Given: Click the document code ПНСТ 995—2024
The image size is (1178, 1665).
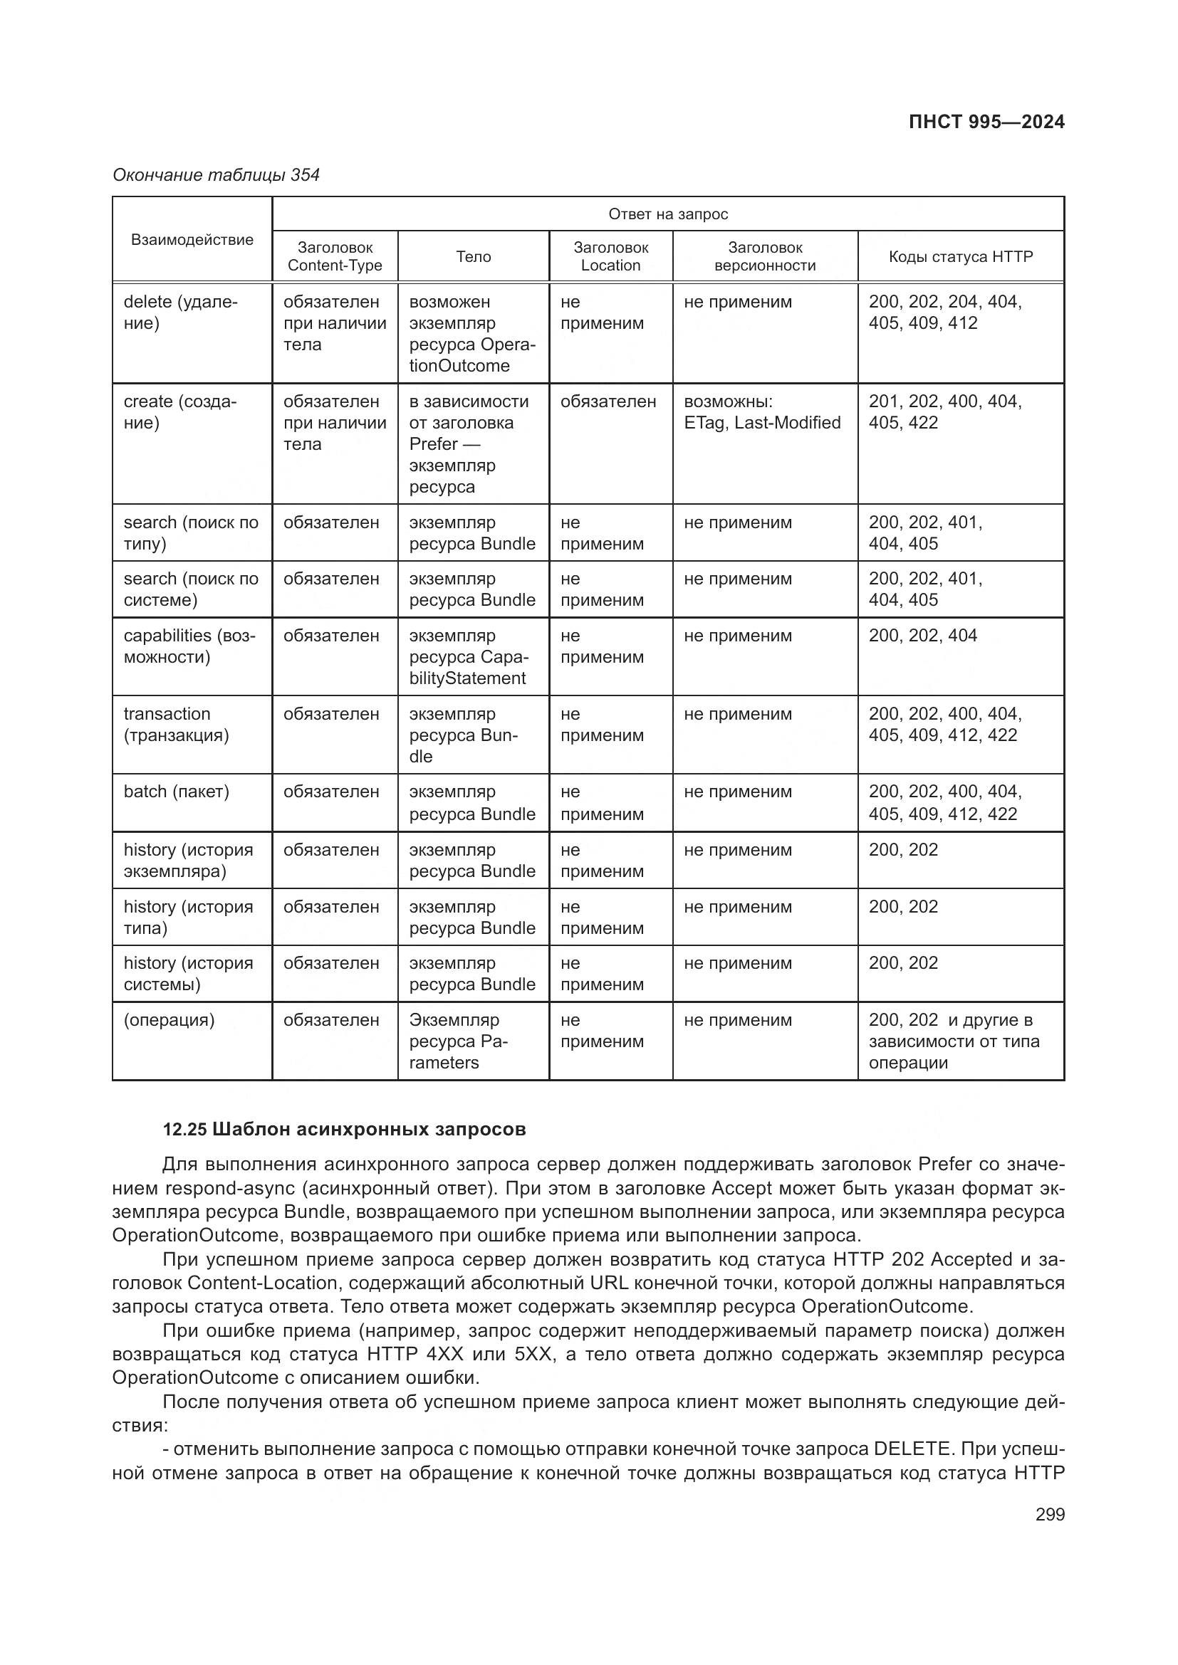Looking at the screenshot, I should click(x=986, y=122).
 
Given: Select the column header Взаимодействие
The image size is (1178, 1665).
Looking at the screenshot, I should click(x=192, y=240).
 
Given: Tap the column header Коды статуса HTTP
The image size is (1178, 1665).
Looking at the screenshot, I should click(x=960, y=257).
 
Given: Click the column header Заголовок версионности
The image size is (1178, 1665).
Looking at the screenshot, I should click(x=764, y=257).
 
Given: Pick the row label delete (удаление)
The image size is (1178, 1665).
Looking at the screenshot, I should click(x=180, y=312).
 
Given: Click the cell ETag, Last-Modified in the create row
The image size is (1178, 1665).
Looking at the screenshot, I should click(x=761, y=423).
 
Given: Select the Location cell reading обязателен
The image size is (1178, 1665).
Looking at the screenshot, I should click(x=608, y=401).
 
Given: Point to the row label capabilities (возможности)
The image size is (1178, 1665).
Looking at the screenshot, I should click(x=189, y=646).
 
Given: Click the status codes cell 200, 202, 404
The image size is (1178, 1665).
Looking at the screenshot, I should click(x=922, y=636).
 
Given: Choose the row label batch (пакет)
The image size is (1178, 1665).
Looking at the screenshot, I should click(x=176, y=792).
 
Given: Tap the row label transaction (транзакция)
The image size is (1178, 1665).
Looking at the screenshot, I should click(x=176, y=725).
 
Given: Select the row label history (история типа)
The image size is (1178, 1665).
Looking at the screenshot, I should click(x=188, y=918).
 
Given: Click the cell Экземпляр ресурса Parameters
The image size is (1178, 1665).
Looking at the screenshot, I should click(x=458, y=1041).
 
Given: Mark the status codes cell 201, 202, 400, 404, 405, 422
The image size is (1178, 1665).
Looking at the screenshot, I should click(x=944, y=412).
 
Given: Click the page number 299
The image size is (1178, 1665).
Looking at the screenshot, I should click(x=1050, y=1514).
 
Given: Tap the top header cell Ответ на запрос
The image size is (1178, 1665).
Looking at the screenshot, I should click(x=667, y=214).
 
